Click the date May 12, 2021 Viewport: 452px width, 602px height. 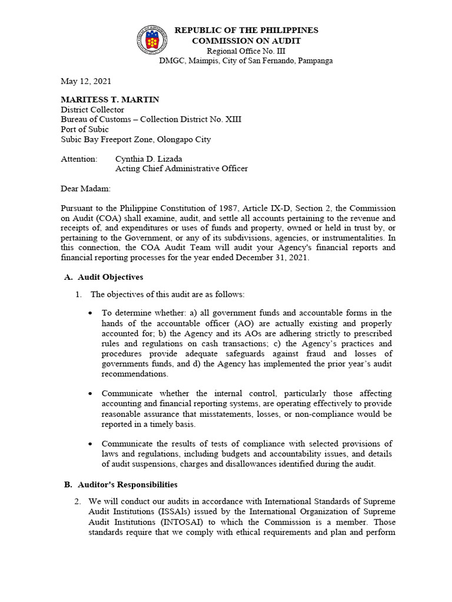coord(86,81)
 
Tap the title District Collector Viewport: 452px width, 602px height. coord(92,109)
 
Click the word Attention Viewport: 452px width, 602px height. coord(79,159)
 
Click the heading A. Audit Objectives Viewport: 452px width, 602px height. coord(103,277)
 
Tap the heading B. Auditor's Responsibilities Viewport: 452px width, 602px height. coord(121,484)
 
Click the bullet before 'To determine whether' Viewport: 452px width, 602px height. coord(89,313)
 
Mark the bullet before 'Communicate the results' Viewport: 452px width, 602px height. coord(89,443)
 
